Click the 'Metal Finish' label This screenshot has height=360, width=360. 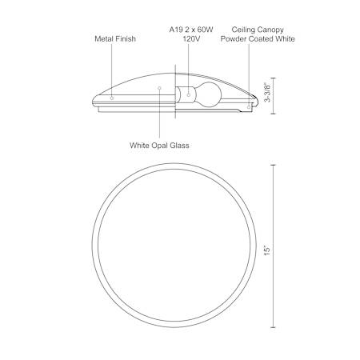(115, 38)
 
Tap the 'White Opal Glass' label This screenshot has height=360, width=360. (159, 146)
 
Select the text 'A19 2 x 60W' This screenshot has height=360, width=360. (191, 30)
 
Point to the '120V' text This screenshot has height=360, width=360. (191, 39)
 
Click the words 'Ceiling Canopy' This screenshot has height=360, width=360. (258, 30)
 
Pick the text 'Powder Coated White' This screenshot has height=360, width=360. (258, 39)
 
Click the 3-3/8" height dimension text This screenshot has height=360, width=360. (267, 93)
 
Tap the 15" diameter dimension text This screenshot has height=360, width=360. (267, 251)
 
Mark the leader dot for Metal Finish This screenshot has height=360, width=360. (112, 98)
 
